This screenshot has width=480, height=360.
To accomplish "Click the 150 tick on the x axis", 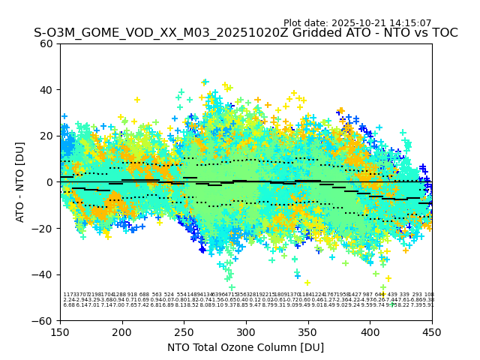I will [60, 331].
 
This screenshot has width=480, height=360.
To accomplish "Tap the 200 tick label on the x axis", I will [122, 331].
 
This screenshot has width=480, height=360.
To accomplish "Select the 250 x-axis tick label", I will [184, 331].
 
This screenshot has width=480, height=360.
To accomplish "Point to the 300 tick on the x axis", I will [246, 331].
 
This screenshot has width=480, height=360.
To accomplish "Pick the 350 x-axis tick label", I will [308, 331].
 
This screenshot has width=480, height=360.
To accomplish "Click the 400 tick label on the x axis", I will [370, 331].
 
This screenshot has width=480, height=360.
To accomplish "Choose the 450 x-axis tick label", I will [432, 331].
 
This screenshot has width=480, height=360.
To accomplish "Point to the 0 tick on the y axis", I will [50, 182].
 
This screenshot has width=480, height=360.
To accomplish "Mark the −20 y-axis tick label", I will [45, 228].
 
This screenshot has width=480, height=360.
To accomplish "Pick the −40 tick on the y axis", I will [45, 274].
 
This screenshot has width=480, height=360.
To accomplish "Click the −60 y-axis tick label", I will [45, 320].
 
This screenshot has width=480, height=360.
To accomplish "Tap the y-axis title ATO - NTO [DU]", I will [21, 182].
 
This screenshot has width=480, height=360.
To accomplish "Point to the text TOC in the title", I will [442, 33].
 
